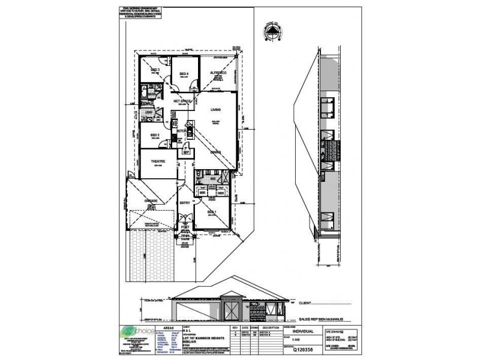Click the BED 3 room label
[x=155, y=70]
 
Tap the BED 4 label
[x=184, y=74]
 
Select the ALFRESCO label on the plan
[x=217, y=73]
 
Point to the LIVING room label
[x=215, y=110]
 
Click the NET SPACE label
[x=182, y=101]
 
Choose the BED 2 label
[x=154, y=135]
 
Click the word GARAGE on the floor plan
[x=151, y=200]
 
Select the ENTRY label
[x=185, y=203]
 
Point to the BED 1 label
[x=212, y=212]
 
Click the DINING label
[x=216, y=152]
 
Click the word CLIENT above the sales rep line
[x=307, y=304]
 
